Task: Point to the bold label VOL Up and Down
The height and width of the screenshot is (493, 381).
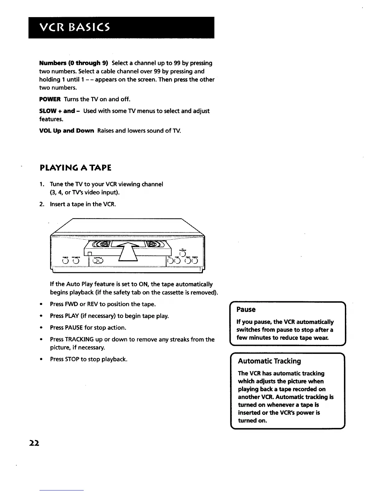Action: [x=67, y=131]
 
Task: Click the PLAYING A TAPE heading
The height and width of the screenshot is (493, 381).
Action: [x=76, y=168]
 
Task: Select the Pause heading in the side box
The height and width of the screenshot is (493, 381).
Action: [x=246, y=310]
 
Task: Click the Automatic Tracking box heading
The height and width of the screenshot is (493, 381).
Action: [x=269, y=361]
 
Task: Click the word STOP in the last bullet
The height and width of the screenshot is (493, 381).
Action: [x=72, y=359]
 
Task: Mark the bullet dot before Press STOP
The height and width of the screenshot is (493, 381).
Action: [x=41, y=359]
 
